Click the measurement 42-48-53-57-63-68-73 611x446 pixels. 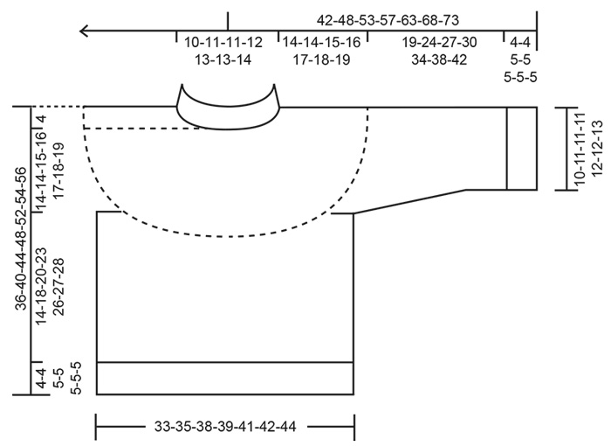[388, 18]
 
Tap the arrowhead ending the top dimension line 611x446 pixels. [85, 31]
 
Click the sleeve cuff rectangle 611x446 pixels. [522, 148]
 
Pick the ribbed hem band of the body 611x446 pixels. [225, 378]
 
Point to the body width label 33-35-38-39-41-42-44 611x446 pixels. [224, 428]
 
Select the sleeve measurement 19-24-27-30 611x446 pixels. [439, 42]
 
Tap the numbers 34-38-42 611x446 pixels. [439, 59]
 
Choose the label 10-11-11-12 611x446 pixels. [223, 42]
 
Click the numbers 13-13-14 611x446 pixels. [223, 59]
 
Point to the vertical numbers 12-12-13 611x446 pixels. [596, 149]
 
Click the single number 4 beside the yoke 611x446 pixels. [40, 118]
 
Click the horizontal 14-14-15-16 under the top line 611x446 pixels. [320, 42]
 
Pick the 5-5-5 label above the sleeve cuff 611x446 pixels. [521, 77]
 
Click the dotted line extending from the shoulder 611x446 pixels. [58, 106]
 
